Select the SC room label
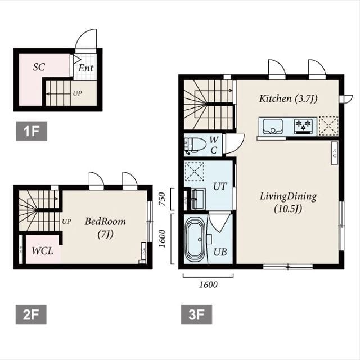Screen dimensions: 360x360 pos(39,67)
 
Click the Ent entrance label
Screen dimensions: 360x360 pos(85,68)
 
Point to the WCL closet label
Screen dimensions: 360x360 pos(43,250)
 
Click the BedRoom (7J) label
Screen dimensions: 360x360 pos(105,227)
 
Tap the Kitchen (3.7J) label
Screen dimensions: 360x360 pos(288,98)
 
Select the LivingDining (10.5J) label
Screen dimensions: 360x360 pos(288,202)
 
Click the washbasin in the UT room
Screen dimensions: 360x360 pos(197,199)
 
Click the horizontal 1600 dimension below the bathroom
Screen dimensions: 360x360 pos(208,285)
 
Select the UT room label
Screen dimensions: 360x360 pos(220,186)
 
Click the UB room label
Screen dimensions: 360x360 pos(220,251)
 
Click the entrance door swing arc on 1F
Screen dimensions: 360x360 pos(85,39)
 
